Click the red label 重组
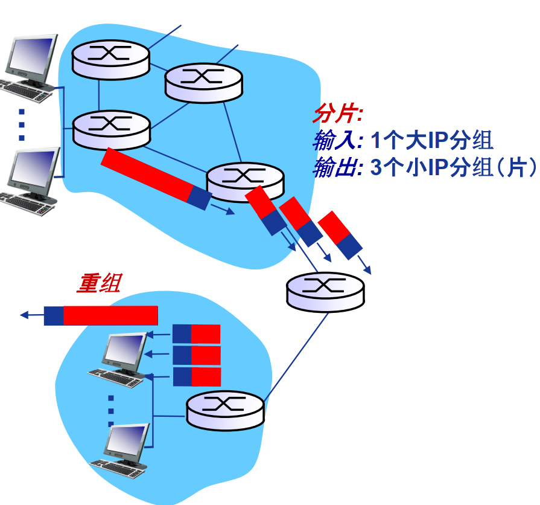click(98, 283)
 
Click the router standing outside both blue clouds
click(326, 291)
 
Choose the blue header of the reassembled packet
click(54, 315)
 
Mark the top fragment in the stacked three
click(197, 334)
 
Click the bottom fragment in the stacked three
click(197, 376)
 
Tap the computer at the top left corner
click(30, 66)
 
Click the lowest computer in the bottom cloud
click(123, 447)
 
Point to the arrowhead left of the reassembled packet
click(24, 315)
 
